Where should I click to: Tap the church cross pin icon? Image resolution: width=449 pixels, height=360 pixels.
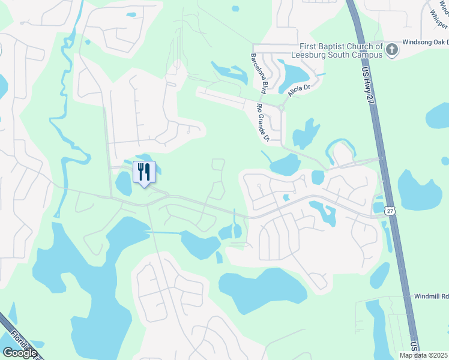coord(392,50)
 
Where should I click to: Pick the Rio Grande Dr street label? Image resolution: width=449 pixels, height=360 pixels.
coord(262,122)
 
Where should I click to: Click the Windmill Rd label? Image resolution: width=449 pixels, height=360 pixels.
coord(432,296)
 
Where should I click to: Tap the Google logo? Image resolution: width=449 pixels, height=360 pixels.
coord(20,352)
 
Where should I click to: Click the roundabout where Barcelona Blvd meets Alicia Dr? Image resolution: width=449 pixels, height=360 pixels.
coord(280,108)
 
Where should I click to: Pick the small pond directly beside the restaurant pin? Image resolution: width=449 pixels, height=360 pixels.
coord(124,183)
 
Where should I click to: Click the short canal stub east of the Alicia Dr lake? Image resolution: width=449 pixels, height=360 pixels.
coord(318,75)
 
